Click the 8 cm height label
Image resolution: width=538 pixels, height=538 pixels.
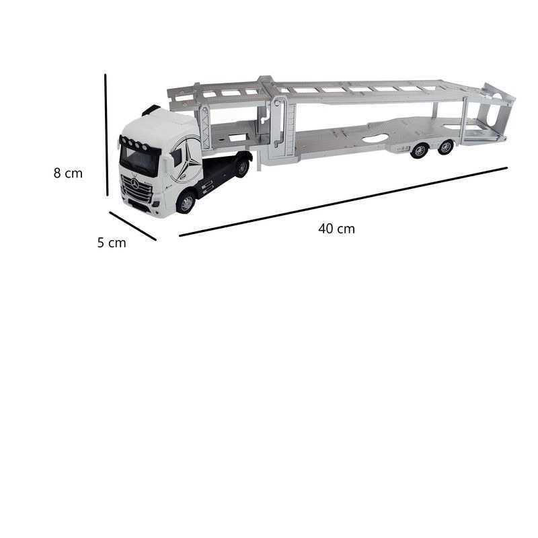coord(68,174)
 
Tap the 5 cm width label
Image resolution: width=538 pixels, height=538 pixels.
coord(112,243)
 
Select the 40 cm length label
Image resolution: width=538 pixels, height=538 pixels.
coord(336,229)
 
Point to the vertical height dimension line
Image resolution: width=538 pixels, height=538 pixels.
coord(106,135)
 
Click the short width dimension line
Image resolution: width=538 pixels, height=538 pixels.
coord(132,226)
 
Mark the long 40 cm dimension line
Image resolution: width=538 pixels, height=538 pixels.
coord(343,202)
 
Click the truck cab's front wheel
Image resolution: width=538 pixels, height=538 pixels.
coord(186,203)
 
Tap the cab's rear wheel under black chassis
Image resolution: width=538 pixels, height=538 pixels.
coord(243,167)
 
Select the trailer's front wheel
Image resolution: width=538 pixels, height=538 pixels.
coord(419,150)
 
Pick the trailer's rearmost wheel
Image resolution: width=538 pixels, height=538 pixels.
coord(445,147)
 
